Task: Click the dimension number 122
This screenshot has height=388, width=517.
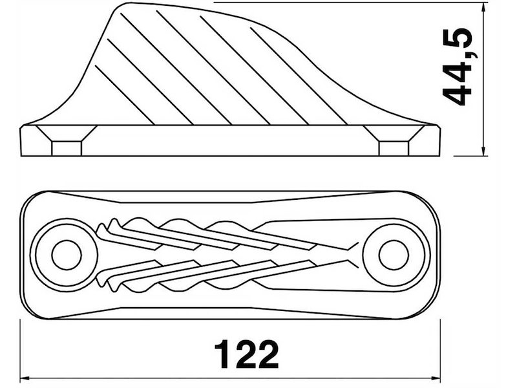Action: (246, 354)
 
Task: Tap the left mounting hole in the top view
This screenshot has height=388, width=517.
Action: (66, 254)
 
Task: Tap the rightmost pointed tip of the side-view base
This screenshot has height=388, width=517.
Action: (440, 127)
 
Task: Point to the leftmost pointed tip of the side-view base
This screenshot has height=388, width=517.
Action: (21, 127)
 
